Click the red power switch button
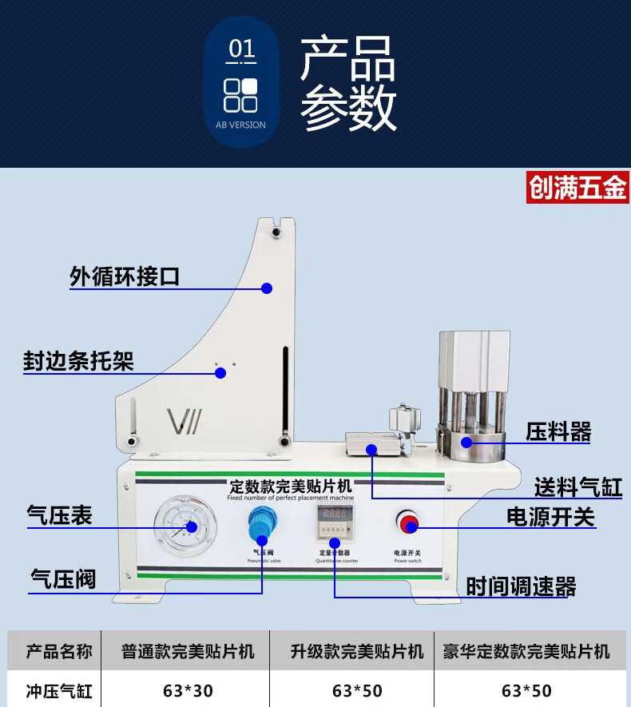(x=409, y=524)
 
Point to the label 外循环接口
(x=125, y=277)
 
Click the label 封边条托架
(x=78, y=362)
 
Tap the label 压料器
(x=558, y=432)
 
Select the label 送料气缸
(x=578, y=486)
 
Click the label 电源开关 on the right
(x=551, y=517)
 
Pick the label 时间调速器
(x=522, y=587)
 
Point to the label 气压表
(x=60, y=515)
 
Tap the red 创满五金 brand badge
(x=577, y=188)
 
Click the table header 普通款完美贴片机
(x=189, y=652)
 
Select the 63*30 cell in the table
(x=189, y=690)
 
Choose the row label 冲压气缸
(x=59, y=690)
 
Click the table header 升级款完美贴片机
(x=357, y=652)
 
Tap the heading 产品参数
(x=347, y=84)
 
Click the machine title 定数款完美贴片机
(x=290, y=485)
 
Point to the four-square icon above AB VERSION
(x=240, y=95)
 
